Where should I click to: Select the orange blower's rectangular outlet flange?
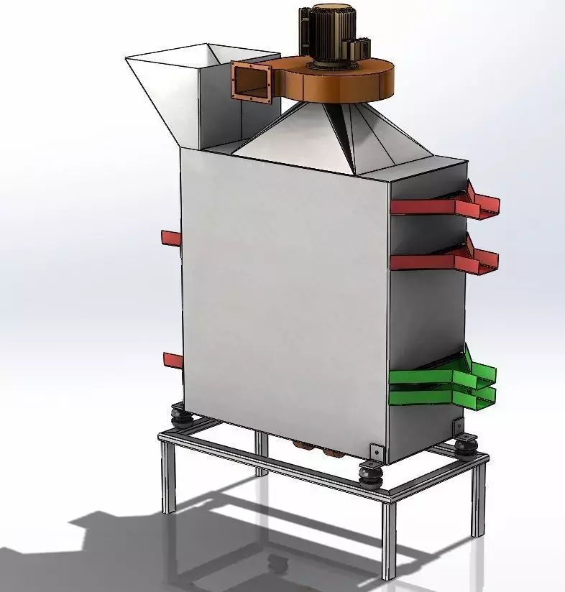(251, 80)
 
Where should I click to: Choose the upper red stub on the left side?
(172, 238)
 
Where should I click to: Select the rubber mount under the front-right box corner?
(372, 475)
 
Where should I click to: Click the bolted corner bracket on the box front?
(375, 452)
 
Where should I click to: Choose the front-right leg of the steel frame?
(388, 539)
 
